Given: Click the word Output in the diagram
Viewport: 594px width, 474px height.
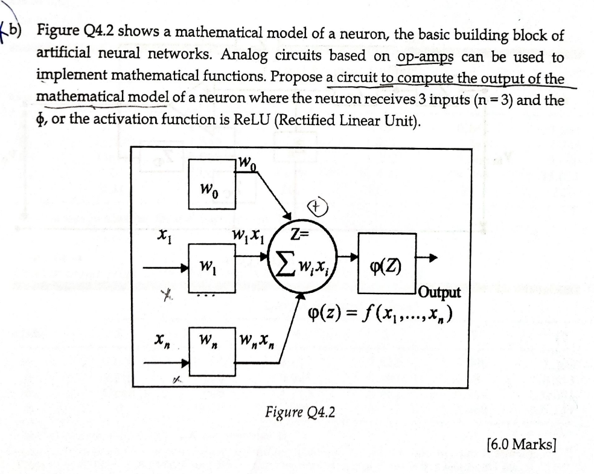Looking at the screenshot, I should pos(438,293).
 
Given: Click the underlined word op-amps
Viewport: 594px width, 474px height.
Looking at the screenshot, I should pos(427,57).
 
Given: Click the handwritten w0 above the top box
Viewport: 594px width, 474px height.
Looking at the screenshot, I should pos(247,162).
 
